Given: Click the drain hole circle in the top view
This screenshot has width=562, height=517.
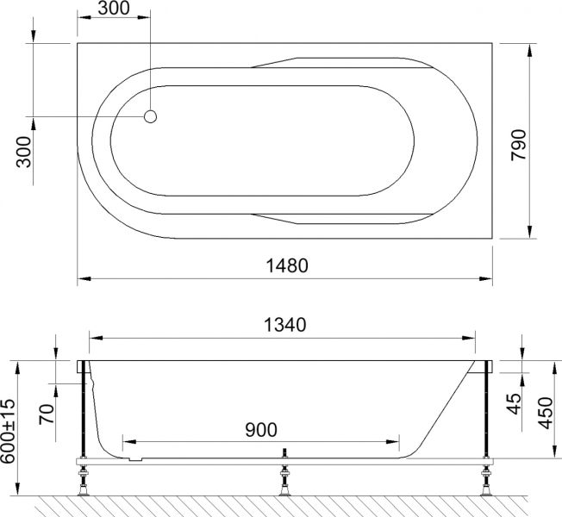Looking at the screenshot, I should click(150, 116).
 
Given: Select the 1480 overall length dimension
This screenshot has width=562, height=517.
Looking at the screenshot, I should click(284, 265).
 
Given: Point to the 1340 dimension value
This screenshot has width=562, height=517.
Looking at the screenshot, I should click(284, 325).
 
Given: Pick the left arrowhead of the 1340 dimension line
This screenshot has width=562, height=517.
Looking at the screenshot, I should click(95, 338).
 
